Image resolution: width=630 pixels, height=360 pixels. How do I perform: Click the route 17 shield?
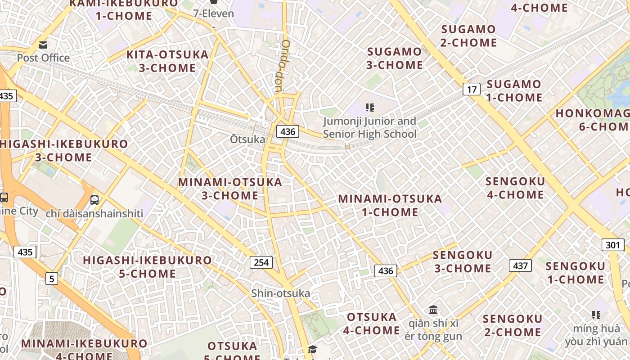(471, 89)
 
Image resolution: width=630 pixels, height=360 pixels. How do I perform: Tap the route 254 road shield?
(261, 262)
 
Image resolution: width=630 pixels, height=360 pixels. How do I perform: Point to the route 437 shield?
(520, 265)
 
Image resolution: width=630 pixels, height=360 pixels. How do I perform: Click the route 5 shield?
(52, 279)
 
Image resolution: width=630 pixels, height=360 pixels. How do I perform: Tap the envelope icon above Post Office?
(43, 45)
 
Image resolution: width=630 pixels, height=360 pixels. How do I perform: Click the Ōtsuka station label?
(247, 139)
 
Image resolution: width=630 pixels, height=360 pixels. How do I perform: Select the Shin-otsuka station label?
(280, 293)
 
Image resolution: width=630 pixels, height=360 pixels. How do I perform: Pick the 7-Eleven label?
(214, 13)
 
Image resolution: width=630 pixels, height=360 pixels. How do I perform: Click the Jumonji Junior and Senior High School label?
(369, 128)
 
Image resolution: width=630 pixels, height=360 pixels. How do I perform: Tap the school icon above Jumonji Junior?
(369, 108)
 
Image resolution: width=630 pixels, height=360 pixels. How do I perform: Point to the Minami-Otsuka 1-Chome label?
(390, 205)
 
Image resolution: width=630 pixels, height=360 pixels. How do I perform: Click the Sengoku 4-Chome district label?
(515, 188)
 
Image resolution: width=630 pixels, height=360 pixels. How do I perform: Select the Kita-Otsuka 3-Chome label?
(167, 62)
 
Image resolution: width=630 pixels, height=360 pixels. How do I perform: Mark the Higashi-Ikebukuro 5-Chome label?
(147, 267)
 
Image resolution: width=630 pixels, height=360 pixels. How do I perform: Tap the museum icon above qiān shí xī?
(433, 310)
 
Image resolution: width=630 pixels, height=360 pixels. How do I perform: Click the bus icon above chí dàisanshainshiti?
(94, 200)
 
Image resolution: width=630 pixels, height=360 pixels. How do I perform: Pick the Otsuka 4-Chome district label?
(372, 324)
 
